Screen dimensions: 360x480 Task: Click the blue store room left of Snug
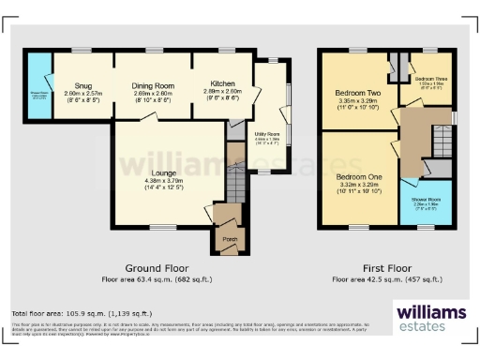tap(39, 92)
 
